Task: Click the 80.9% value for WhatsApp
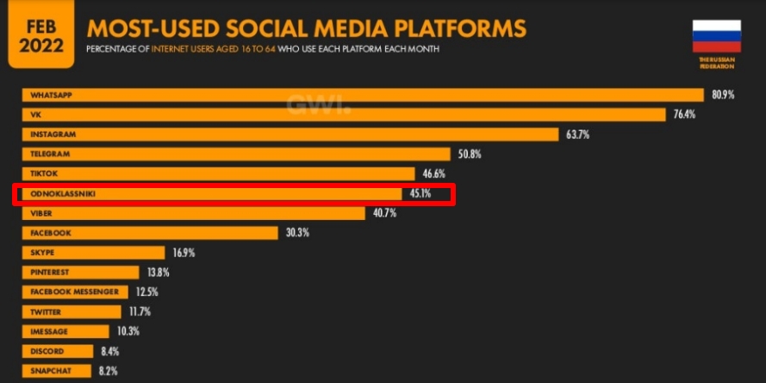[722, 95]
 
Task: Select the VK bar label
[35, 115]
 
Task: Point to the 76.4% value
[683, 115]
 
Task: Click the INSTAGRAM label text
[53, 135]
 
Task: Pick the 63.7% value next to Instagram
[577, 135]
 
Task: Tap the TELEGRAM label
[50, 154]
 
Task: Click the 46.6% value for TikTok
[434, 174]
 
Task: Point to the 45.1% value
[420, 194]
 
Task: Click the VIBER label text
[42, 213]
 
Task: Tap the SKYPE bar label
[42, 253]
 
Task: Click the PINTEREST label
[51, 273]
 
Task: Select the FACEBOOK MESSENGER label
[73, 292]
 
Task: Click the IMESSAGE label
[49, 331]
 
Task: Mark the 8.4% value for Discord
[109, 351]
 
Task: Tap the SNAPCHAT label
[50, 371]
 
